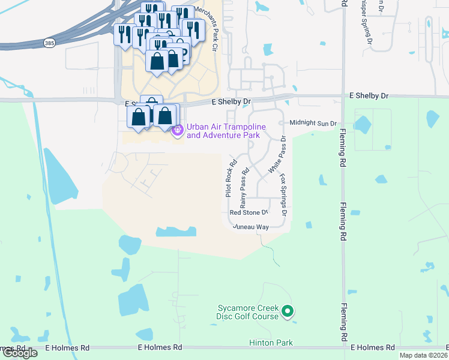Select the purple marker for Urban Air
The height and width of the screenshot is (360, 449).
177,130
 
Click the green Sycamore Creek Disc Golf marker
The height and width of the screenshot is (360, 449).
288,311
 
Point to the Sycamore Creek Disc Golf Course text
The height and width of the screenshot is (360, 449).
248,312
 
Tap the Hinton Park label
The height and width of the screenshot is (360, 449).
271,343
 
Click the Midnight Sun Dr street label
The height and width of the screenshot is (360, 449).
313,123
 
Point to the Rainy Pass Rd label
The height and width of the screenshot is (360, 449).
244,188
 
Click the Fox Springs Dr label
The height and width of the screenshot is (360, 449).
283,195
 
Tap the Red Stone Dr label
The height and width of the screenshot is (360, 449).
248,212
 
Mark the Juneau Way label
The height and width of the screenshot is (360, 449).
250,227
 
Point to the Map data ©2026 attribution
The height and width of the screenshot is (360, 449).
423,355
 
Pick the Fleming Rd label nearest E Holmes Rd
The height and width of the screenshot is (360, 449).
343,322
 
